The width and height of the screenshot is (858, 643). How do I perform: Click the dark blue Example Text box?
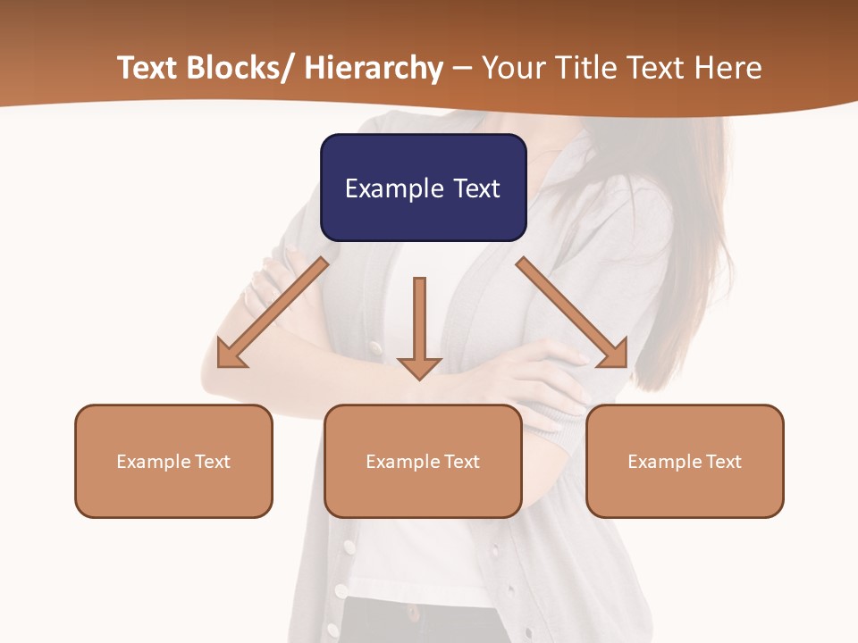[423, 188]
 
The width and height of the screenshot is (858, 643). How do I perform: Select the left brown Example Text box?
[173, 461]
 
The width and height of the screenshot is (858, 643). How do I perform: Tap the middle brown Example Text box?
[423, 461]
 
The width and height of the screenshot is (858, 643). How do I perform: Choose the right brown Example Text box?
[685, 461]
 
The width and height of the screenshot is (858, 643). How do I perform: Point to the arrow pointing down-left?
[273, 312]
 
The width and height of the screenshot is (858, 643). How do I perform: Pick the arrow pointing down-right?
[572, 312]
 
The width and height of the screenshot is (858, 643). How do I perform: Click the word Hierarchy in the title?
[374, 69]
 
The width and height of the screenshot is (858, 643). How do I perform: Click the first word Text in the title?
[147, 69]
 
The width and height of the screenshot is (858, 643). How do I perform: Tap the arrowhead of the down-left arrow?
[231, 354]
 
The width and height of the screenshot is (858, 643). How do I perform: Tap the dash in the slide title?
[463, 69]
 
